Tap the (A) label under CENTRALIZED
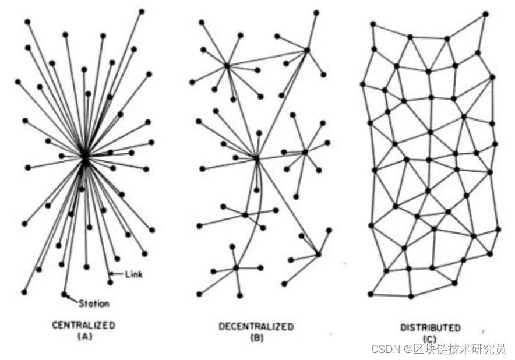[84, 336]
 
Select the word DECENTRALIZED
[256, 326]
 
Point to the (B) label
[256, 337]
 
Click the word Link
[133, 274]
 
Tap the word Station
[94, 303]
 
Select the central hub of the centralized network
[84, 156]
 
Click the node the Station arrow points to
[64, 294]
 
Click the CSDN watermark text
[384, 349]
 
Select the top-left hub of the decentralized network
[227, 65]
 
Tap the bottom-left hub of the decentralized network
[236, 268]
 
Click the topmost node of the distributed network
[485, 13]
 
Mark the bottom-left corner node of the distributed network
[371, 294]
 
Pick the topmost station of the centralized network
[142, 10]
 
